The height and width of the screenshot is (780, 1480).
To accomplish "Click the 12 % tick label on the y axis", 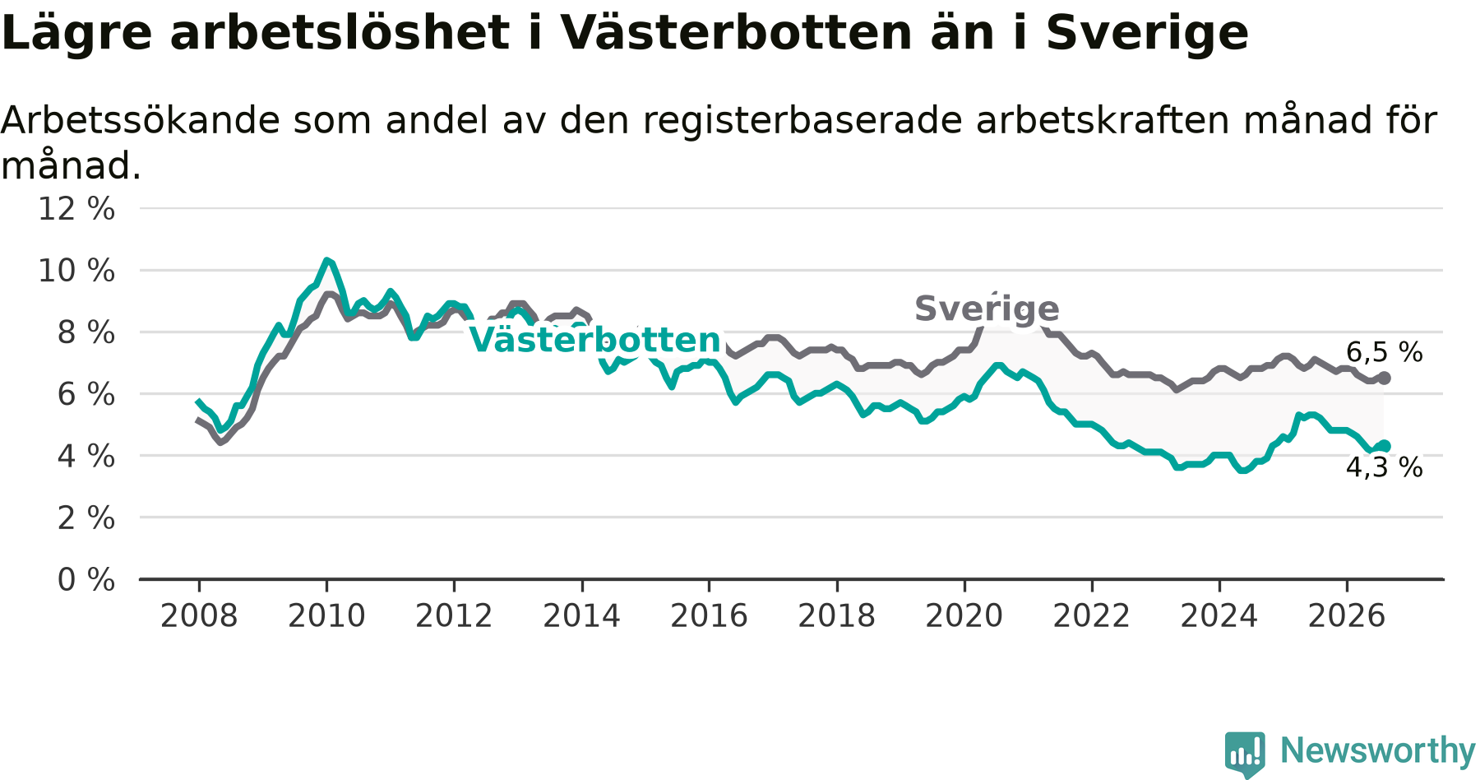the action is pyautogui.click(x=76, y=209).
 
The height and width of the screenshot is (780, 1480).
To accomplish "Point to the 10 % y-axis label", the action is pyautogui.click(x=76, y=271).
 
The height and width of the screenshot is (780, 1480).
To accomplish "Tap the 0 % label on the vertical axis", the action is pyautogui.click(x=86, y=580).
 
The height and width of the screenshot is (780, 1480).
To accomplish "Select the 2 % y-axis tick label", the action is pyautogui.click(x=86, y=518).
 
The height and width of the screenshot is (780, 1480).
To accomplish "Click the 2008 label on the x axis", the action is pyautogui.click(x=199, y=616).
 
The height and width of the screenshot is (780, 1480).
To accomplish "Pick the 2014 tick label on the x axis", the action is pyautogui.click(x=581, y=616).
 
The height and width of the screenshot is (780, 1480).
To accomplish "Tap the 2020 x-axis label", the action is pyautogui.click(x=964, y=616).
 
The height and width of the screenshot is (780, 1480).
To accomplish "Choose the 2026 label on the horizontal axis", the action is pyautogui.click(x=1347, y=616).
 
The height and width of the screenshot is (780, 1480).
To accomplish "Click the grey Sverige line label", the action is pyautogui.click(x=987, y=309).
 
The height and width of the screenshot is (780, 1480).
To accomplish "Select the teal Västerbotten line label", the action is pyautogui.click(x=595, y=340).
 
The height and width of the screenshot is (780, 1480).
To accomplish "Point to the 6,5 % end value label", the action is pyautogui.click(x=1385, y=352).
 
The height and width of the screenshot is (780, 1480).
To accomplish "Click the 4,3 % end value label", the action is pyautogui.click(x=1385, y=467).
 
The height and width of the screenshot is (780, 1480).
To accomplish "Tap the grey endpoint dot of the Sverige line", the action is pyautogui.click(x=1385, y=378).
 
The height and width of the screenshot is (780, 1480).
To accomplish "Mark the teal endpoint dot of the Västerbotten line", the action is pyautogui.click(x=1385, y=446).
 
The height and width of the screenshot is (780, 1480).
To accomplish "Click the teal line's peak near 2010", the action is pyautogui.click(x=326, y=260).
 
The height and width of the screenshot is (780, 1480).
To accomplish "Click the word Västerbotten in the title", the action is pyautogui.click(x=736, y=33).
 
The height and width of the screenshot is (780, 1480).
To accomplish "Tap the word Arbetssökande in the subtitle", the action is pyautogui.click(x=141, y=120).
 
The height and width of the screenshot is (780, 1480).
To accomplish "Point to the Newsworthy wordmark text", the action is pyautogui.click(x=1378, y=750).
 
